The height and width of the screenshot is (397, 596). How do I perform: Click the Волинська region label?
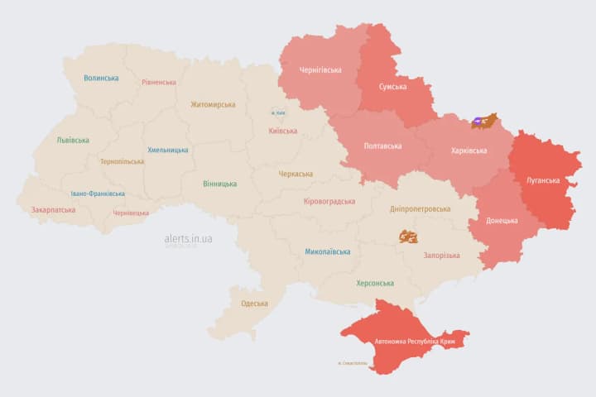101,79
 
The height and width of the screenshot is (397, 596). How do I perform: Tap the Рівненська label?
159,83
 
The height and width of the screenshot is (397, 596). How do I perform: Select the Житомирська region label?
213,105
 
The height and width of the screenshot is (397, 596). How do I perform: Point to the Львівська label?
73,141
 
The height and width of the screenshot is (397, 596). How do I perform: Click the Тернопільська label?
122,161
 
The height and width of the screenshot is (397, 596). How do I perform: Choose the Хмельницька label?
168,151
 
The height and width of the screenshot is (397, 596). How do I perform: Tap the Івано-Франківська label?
99,194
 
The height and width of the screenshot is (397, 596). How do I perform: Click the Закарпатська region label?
53,210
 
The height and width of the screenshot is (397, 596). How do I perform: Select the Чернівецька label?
131,213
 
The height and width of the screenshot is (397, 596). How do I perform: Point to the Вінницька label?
220,184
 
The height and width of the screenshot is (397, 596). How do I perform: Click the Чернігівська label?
321,70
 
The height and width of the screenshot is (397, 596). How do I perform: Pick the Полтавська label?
383,146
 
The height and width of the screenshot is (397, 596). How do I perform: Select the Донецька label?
502,221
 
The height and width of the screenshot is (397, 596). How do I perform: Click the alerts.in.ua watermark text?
188,238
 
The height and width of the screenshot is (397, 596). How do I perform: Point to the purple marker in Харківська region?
478,122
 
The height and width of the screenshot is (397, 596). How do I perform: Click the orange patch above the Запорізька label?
408,237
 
